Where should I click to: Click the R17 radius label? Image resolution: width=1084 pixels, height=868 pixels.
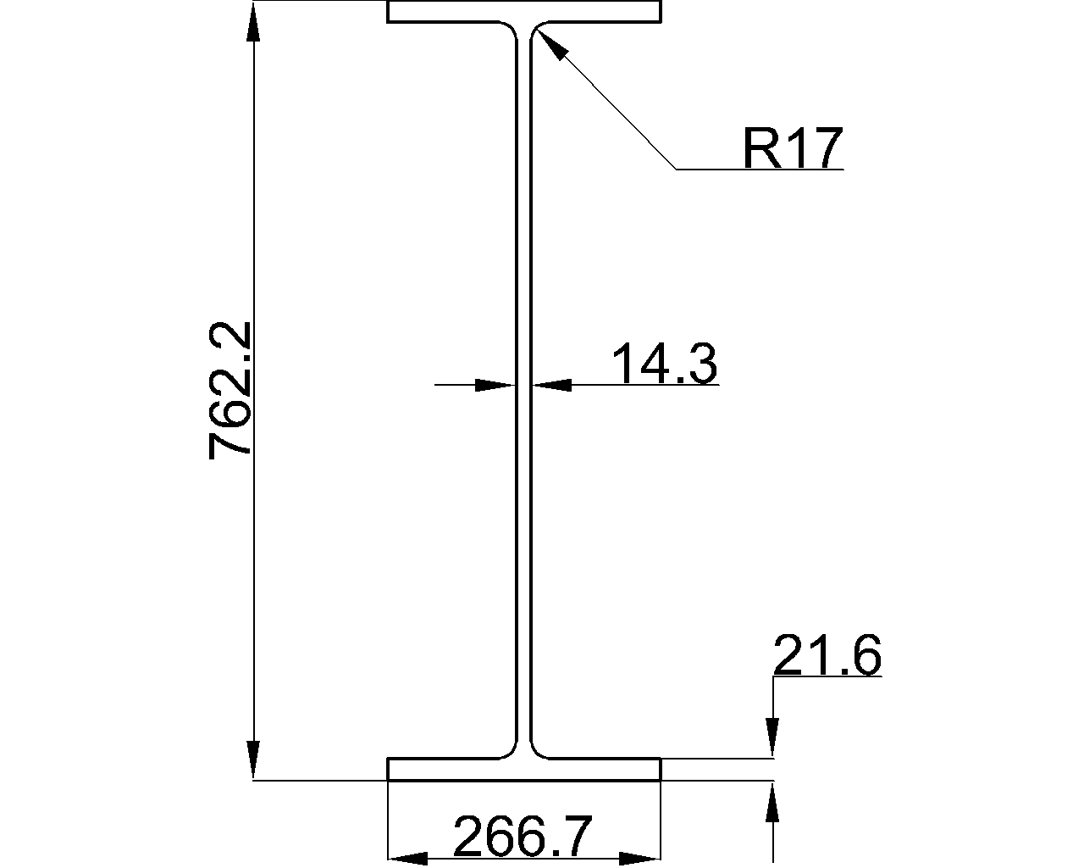pyautogui.click(x=793, y=148)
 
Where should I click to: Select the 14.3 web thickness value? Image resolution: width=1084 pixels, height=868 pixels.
pyautogui.click(x=664, y=364)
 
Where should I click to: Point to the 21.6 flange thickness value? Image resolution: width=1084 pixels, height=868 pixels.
pyautogui.click(x=827, y=656)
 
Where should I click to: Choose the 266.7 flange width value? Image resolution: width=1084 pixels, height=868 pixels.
pyautogui.click(x=523, y=837)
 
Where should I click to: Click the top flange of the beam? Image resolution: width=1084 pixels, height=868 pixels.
pyautogui.click(x=523, y=12)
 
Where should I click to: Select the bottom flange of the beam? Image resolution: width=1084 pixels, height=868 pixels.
pyautogui.click(x=523, y=769)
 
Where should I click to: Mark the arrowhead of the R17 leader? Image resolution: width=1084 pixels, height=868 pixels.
pyautogui.click(x=549, y=45)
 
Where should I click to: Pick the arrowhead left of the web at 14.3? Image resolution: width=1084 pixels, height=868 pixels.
pyautogui.click(x=494, y=385)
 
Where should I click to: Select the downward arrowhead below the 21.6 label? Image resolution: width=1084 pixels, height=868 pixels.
pyautogui.click(x=772, y=736)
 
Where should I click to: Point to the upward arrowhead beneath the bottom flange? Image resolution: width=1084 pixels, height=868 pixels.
pyautogui.click(x=772, y=802)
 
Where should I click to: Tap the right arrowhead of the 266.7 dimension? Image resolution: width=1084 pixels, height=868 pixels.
pyautogui.click(x=639, y=859)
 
